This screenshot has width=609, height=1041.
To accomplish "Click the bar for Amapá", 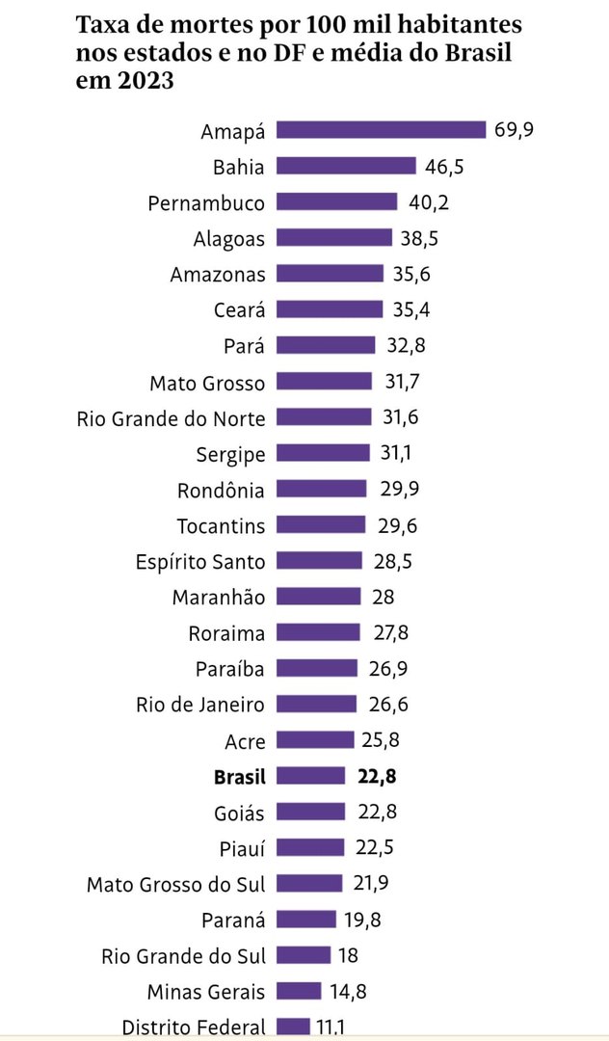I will point(381,130).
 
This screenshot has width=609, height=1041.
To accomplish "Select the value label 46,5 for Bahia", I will point(444,167).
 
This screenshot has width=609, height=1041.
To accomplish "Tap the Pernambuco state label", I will point(206,202).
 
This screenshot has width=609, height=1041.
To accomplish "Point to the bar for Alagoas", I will point(334,238).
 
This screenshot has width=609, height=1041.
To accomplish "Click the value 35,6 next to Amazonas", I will point(411,274).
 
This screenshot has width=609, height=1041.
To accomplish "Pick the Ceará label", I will point(239,310).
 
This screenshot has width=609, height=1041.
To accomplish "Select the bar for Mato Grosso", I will point(324,382).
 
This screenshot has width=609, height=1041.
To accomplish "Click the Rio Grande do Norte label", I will point(171,417).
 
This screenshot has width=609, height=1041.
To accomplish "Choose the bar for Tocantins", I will point(321,525).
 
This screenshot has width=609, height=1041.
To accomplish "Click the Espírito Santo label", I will point(200,561).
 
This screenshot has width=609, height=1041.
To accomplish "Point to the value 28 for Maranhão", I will point(383,597).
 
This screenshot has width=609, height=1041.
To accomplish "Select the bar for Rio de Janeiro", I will point(317,704).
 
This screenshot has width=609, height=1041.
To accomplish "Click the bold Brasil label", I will point(239,776).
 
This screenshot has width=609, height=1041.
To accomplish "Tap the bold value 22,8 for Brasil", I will point(373,776).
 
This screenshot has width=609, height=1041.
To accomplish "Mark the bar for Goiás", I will point(310,812).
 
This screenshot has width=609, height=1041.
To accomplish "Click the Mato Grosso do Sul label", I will point(175,884).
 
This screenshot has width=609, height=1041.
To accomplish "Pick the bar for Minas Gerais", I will point(299,991).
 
